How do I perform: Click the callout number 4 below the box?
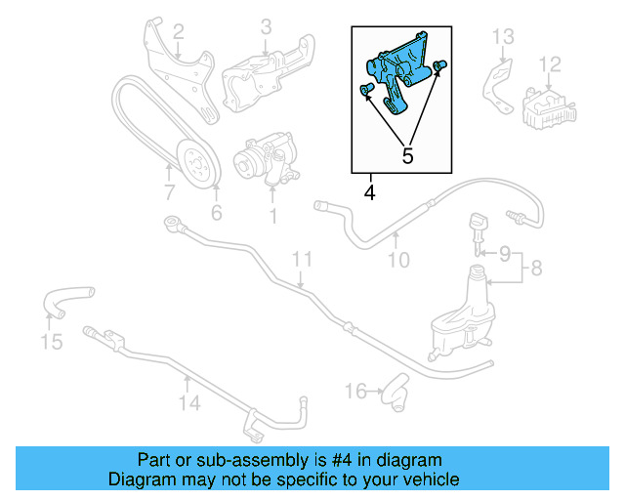click(369, 192)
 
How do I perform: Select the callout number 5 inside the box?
click(407, 155)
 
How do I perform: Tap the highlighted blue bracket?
click(400, 72)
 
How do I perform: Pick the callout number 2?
click(178, 38)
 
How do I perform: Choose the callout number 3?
click(266, 28)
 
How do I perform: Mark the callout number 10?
click(397, 261)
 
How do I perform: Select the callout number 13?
click(502, 37)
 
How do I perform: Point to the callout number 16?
click(354, 392)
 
